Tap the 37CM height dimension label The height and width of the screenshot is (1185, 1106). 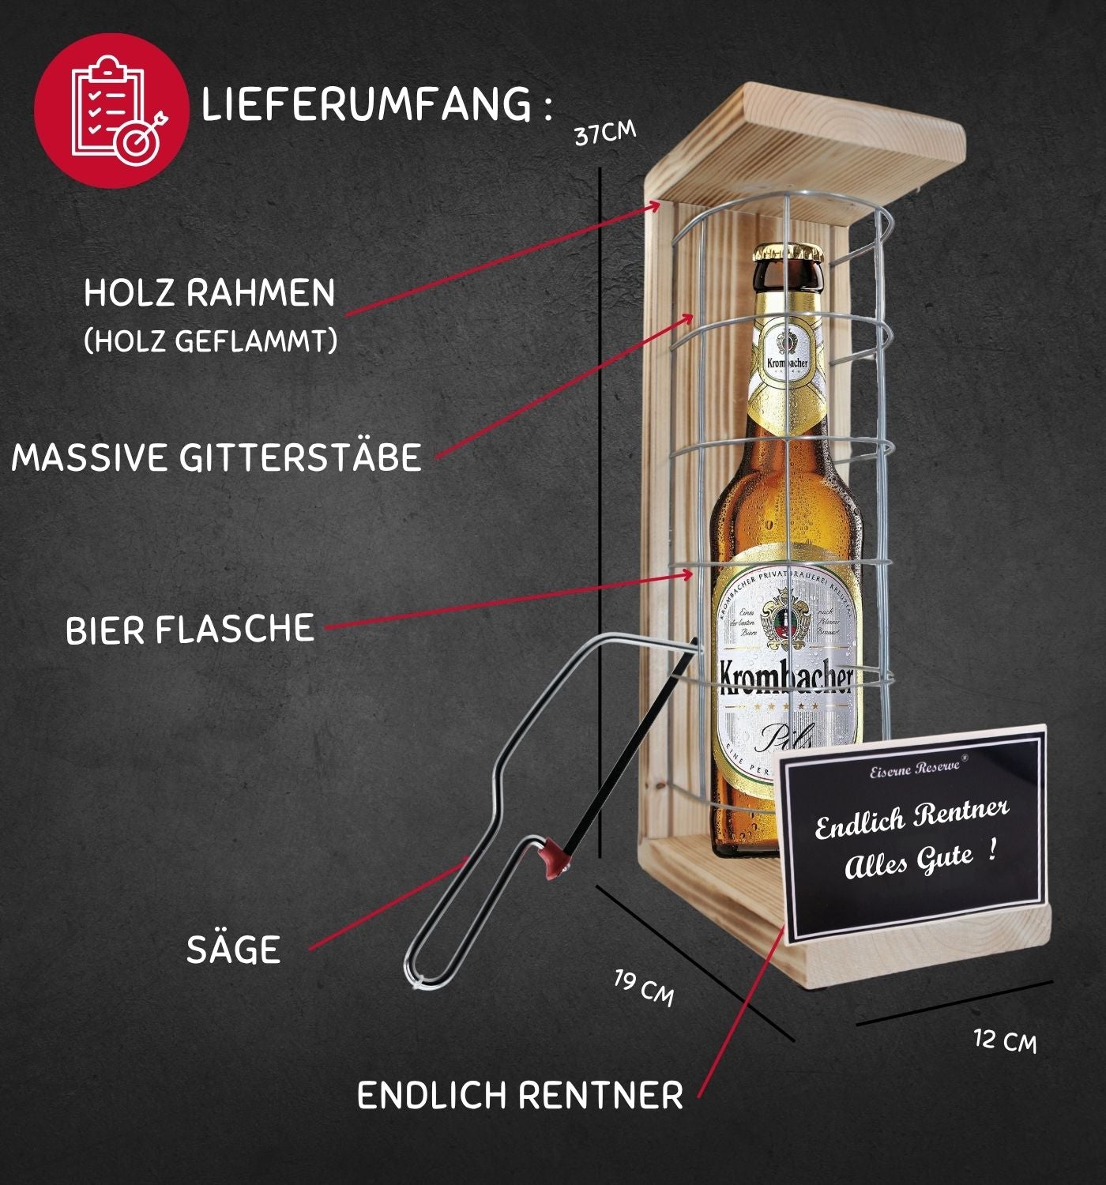(x=604, y=134)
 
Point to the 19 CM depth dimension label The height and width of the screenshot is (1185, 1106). (x=645, y=987)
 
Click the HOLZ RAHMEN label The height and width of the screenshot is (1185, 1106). (x=209, y=293)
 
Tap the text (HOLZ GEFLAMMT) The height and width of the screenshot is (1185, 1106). (x=210, y=341)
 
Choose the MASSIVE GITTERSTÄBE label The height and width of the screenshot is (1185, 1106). (x=216, y=457)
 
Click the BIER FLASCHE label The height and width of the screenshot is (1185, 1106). (x=190, y=629)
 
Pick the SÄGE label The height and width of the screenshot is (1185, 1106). (x=233, y=950)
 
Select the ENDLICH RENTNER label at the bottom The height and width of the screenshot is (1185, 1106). (x=520, y=1096)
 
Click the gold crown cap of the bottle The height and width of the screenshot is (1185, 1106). (x=787, y=253)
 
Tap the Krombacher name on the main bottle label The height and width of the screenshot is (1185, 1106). (x=787, y=678)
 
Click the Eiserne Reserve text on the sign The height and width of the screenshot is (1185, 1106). (x=915, y=767)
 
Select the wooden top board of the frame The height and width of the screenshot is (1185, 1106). (x=814, y=146)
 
